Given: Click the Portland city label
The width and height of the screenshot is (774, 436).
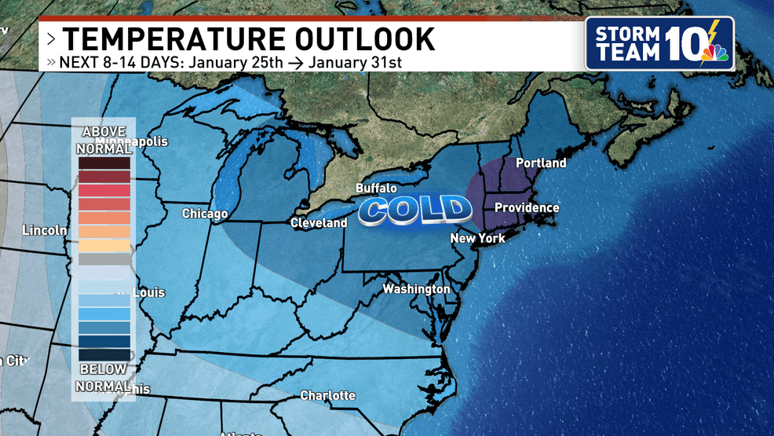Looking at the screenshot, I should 540,163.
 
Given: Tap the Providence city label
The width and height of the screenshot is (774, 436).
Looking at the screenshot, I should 527,208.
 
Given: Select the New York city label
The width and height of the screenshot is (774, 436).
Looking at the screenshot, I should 477,238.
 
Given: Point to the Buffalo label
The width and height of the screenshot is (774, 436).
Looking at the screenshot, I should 376,189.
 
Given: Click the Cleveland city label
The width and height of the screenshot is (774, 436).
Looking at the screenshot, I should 319,223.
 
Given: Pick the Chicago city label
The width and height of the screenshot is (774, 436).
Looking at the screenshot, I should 205,214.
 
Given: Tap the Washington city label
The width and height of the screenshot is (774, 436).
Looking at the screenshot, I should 416,289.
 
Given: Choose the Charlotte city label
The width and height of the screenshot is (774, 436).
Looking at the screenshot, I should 327,395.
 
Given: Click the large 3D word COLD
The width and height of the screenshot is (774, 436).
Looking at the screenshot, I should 414,210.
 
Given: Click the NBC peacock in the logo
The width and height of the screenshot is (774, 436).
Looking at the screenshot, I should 716,53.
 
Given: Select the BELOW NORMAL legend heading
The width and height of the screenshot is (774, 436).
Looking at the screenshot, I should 104,378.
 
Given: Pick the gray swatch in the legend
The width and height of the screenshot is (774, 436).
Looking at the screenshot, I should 104,259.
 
